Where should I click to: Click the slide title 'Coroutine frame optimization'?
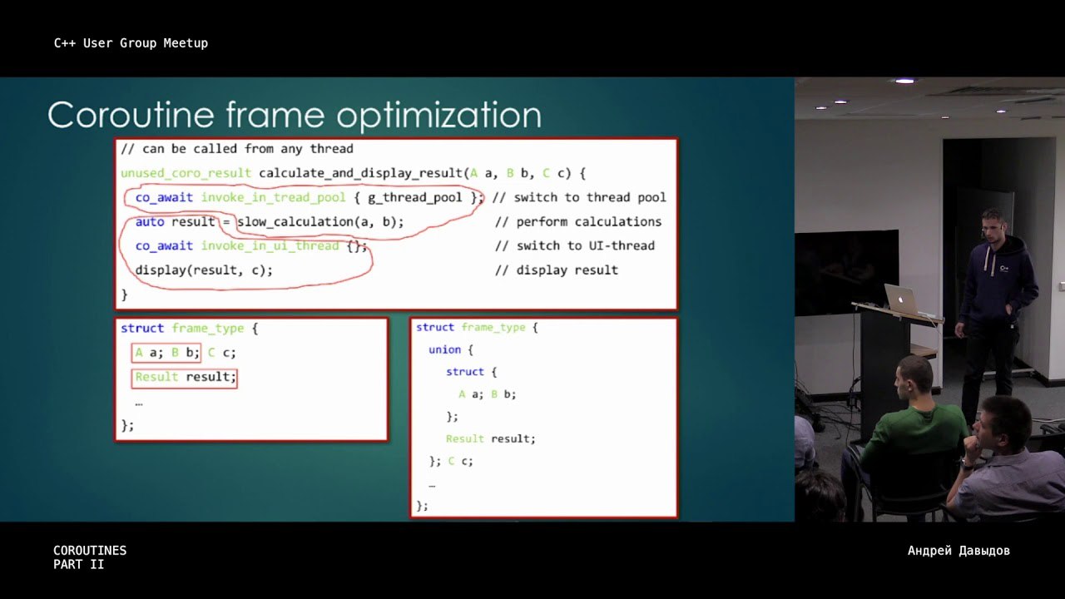coord(295,115)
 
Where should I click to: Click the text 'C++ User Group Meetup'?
coord(131,43)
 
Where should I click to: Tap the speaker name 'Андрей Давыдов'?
coord(958,551)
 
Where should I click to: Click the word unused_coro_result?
coord(186,173)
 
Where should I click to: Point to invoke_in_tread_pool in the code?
coord(273,197)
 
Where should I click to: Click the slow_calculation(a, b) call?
coord(320,222)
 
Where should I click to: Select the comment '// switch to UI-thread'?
coord(575,245)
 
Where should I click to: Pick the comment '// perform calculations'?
coord(578,222)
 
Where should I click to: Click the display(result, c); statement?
coord(204,270)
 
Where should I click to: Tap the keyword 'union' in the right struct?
coord(444,350)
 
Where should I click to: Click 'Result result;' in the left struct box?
coord(186,377)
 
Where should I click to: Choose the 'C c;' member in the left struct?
coord(221,353)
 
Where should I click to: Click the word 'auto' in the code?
coord(150,222)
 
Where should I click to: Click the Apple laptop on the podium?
coord(904,299)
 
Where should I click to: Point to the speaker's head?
coord(993,225)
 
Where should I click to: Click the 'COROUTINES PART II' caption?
coord(90,557)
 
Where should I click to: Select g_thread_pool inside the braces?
coord(414,197)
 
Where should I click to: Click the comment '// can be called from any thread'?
coord(237,149)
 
